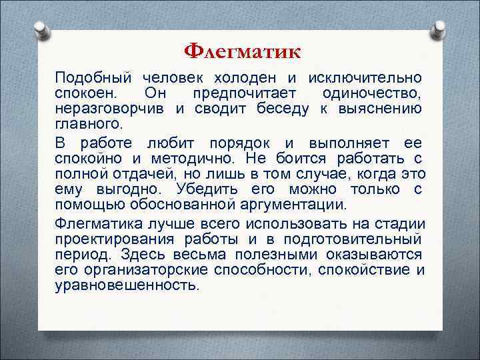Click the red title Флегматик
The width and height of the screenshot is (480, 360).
click(242, 51)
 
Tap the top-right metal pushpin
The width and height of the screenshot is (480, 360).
click(439, 29)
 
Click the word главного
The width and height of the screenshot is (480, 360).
click(79, 123)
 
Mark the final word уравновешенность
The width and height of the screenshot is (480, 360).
click(127, 285)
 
